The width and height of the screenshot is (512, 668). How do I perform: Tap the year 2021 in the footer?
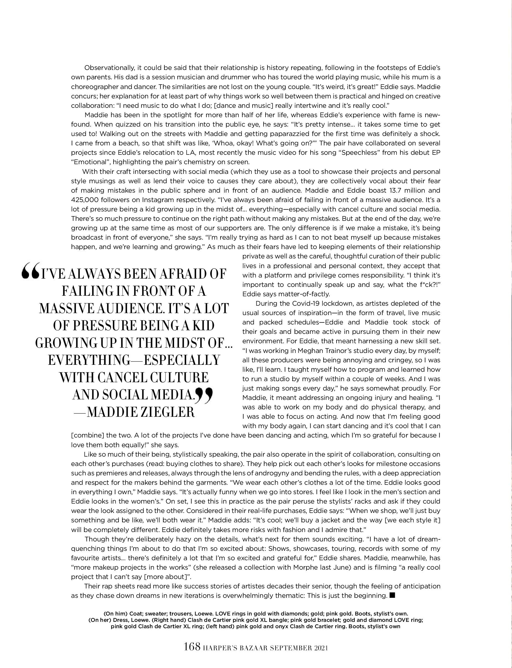(320, 655)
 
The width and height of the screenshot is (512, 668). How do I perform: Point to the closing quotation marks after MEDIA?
(204, 395)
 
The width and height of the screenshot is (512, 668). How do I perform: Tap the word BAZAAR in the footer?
(251, 655)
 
